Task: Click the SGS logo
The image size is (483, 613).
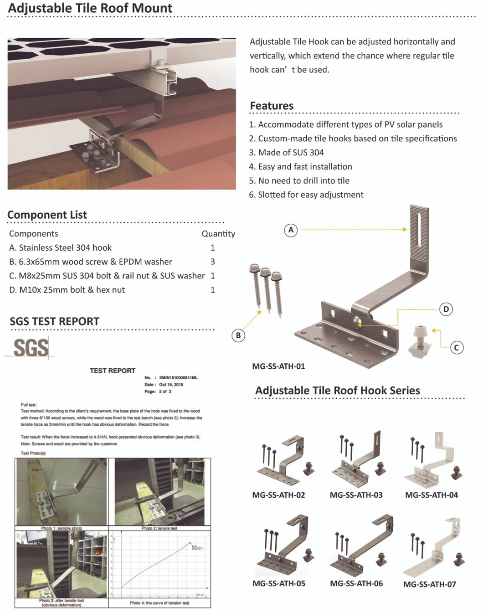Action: pyautogui.click(x=31, y=348)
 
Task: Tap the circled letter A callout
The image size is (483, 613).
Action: pyautogui.click(x=291, y=230)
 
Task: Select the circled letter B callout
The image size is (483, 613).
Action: pyautogui.click(x=238, y=335)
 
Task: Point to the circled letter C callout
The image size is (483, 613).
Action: pyautogui.click(x=457, y=348)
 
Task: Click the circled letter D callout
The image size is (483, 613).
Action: pyautogui.click(x=446, y=309)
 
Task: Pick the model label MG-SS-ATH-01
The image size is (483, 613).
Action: pyautogui.click(x=278, y=366)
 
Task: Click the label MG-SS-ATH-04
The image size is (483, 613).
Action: pyautogui.click(x=431, y=495)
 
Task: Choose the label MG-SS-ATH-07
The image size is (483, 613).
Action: pyautogui.click(x=429, y=584)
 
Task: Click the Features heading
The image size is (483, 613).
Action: pyautogui.click(x=272, y=106)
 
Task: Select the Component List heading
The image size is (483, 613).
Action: pyautogui.click(x=47, y=215)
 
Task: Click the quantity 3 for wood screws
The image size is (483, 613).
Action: pyautogui.click(x=213, y=262)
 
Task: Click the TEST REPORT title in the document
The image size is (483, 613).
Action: pyautogui.click(x=113, y=371)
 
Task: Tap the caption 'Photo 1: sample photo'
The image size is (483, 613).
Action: pyautogui.click(x=62, y=528)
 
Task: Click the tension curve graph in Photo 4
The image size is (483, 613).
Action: pyautogui.click(x=159, y=565)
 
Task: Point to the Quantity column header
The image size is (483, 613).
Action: pyautogui.click(x=218, y=234)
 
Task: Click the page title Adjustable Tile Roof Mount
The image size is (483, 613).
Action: pyautogui.click(x=90, y=8)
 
